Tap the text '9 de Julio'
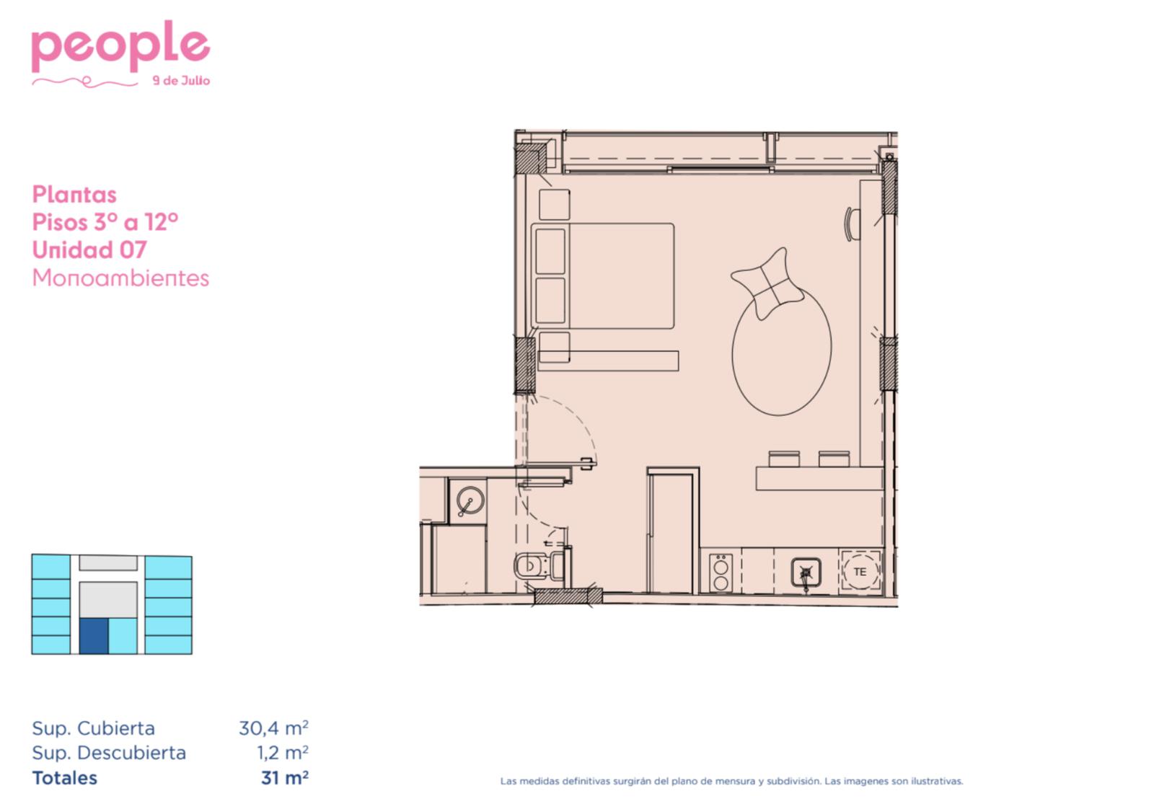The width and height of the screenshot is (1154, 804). click(x=181, y=81)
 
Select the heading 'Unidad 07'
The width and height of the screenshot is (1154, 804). click(x=89, y=249)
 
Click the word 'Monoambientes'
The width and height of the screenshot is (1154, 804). click(x=120, y=278)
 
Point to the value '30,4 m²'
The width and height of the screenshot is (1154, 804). click(x=273, y=728)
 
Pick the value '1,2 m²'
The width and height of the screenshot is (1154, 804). click(x=283, y=753)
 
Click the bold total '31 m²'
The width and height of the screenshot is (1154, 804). click(x=285, y=778)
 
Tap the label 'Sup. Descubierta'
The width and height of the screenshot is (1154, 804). click(x=109, y=753)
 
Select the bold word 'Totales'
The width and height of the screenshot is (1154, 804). click(x=64, y=778)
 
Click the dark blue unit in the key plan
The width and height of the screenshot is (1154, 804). click(x=94, y=636)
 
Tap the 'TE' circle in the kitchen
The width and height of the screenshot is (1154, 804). click(x=860, y=572)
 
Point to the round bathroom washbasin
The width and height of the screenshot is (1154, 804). click(x=470, y=500)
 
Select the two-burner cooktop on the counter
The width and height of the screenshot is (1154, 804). click(x=721, y=573)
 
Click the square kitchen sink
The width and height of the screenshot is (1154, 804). click(x=806, y=573)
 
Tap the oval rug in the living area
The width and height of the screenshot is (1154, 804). click(x=782, y=350)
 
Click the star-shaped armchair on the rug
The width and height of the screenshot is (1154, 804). click(x=767, y=283)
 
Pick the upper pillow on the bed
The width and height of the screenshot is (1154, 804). click(x=550, y=252)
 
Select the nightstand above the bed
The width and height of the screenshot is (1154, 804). click(x=555, y=205)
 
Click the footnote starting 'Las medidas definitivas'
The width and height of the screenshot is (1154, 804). click(x=731, y=782)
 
